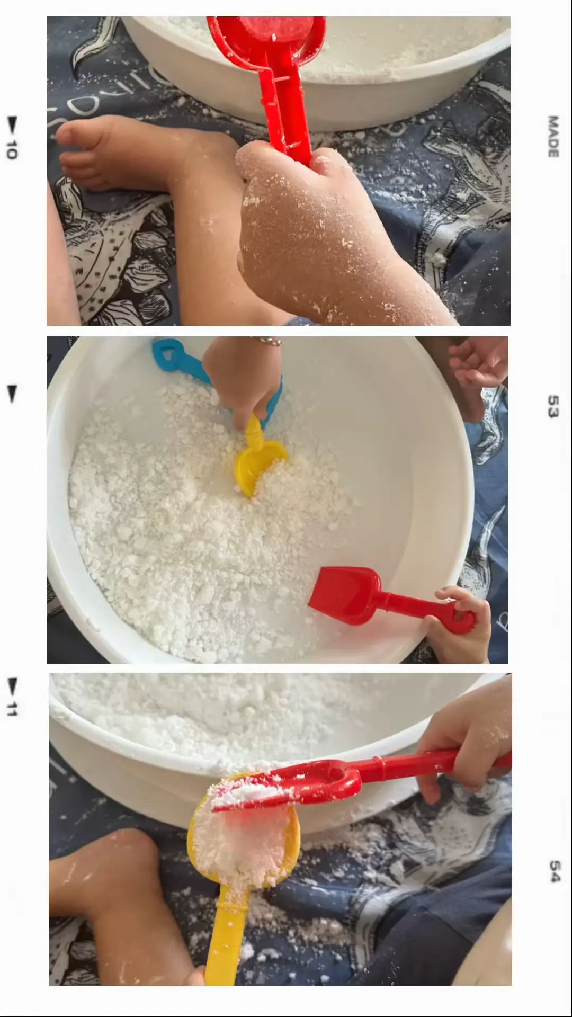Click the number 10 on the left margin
click(12, 150)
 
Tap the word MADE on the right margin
click(553, 136)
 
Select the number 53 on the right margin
click(553, 406)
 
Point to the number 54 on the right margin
click(554, 871)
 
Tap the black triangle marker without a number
click(12, 393)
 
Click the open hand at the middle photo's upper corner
click(479, 363)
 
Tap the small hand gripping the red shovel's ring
click(458, 625)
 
